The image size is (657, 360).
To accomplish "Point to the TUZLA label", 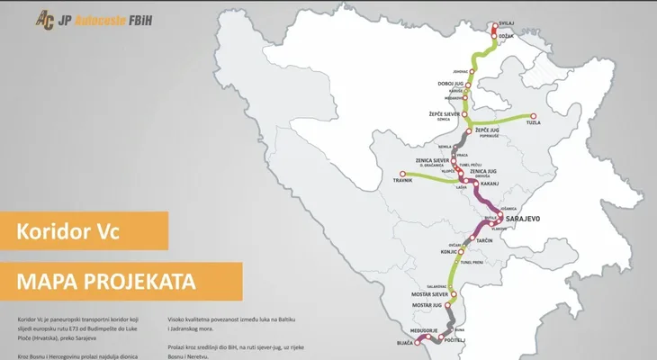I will (x=546, y=125).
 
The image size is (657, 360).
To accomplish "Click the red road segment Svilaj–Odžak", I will (x=492, y=30).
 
